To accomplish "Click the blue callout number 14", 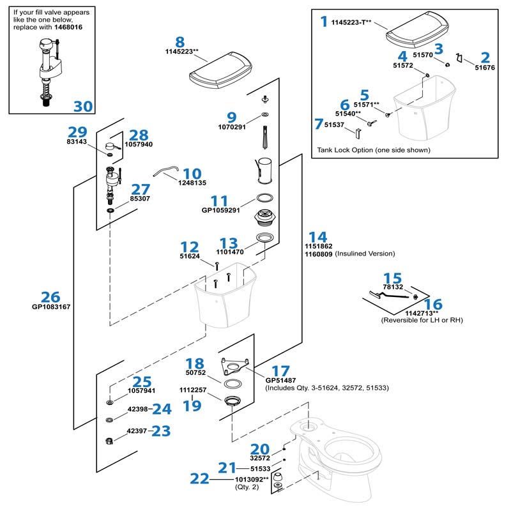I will (317, 236).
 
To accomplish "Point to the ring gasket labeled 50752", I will (233, 384).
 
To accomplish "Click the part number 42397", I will (138, 432).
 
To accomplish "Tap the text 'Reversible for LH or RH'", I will (422, 320).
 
